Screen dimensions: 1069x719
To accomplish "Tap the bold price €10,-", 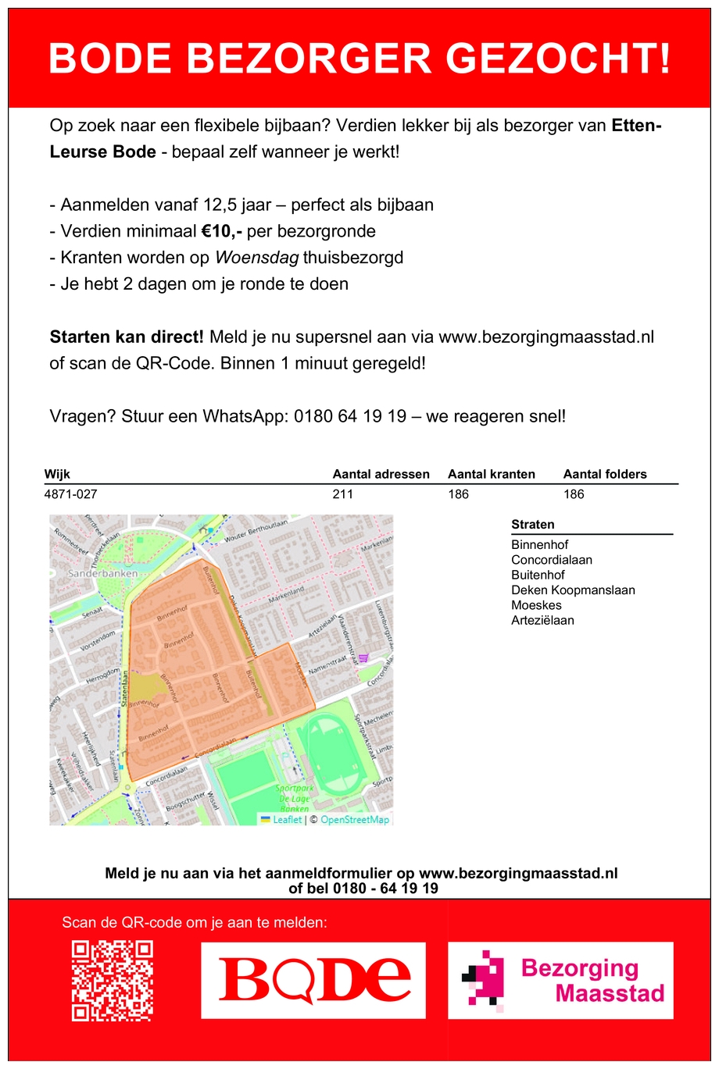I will pos(222,231).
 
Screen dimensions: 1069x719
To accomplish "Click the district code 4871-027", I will pos(71,494).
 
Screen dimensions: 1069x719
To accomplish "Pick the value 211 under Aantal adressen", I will pos(342,494).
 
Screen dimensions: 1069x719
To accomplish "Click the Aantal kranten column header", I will pos(491,474).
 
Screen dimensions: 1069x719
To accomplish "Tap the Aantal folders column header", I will pos(605,474).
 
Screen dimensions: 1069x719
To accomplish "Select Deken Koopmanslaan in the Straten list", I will pos(573,590).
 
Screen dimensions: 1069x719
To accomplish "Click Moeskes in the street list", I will pos(536,605).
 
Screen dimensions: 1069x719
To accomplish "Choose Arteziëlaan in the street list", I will pos(542,621).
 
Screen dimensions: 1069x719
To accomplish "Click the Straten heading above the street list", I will pos(532,525).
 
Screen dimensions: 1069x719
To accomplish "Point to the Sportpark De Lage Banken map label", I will pos(294,799).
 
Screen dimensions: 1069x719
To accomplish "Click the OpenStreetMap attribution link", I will pos(354,820).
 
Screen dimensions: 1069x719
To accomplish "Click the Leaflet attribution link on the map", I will pos(286,820).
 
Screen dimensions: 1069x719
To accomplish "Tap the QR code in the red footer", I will pos(112,981).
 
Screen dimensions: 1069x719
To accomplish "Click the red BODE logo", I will pos(313,980).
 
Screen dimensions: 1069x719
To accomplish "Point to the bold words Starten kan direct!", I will pos(127,337).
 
